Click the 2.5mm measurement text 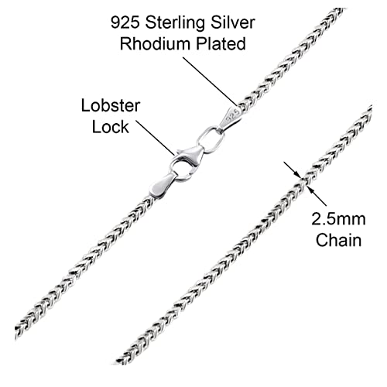click(x=338, y=218)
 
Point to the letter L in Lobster click(x=82, y=105)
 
